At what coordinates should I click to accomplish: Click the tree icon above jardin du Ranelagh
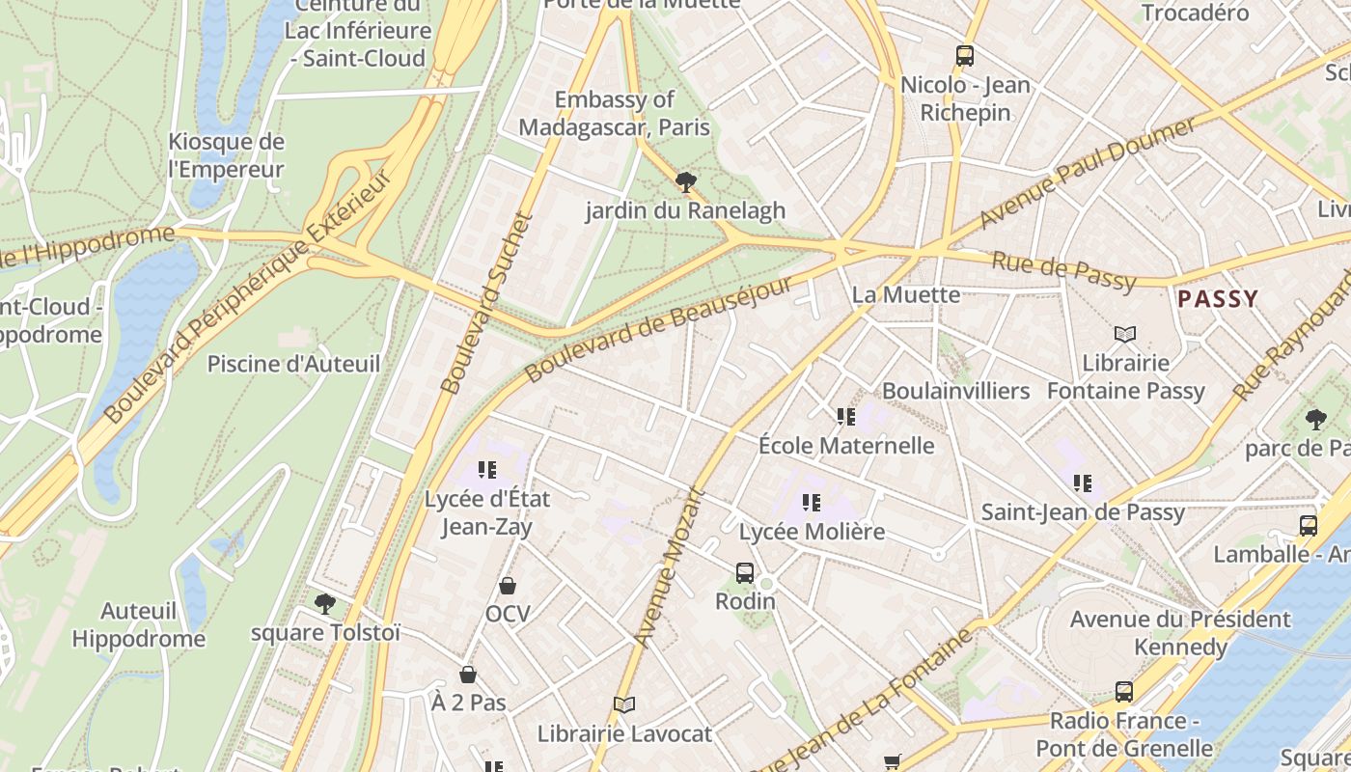(x=686, y=181)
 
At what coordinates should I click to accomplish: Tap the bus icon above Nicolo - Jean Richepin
(x=965, y=56)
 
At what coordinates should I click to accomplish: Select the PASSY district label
(x=1218, y=299)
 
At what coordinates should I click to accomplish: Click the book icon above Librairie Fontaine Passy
(x=1125, y=335)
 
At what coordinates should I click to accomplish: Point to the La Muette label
(x=906, y=294)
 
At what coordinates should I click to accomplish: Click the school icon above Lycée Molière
(x=812, y=503)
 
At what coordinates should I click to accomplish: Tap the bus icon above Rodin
(x=745, y=573)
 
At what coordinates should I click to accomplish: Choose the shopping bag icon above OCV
(x=508, y=586)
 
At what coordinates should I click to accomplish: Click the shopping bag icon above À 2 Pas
(x=468, y=675)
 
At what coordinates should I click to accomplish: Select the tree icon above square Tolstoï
(x=325, y=604)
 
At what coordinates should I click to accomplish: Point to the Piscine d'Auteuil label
(x=293, y=364)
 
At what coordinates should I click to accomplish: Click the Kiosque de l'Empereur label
(x=226, y=155)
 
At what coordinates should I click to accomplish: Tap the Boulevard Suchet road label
(x=487, y=302)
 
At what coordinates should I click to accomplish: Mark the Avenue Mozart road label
(x=672, y=567)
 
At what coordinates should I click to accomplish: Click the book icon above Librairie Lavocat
(x=624, y=705)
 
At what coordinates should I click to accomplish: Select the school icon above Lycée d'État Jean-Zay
(x=487, y=470)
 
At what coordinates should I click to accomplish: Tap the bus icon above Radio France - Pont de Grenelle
(x=1124, y=692)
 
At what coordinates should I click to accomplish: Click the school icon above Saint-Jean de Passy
(x=1083, y=483)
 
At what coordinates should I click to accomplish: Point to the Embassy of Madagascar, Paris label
(x=614, y=113)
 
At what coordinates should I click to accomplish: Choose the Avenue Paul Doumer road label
(x=1088, y=173)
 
